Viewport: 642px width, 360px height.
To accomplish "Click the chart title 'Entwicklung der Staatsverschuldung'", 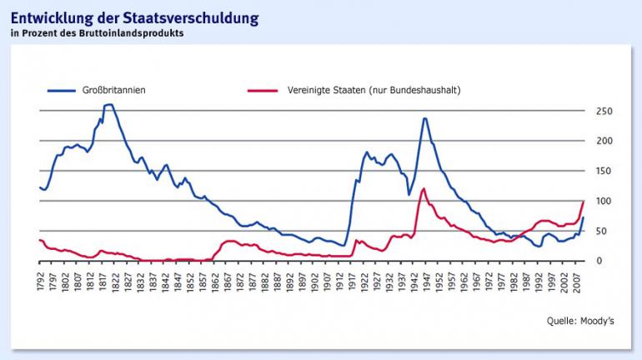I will (x=134, y=17).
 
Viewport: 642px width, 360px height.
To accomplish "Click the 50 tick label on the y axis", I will (x=606, y=231).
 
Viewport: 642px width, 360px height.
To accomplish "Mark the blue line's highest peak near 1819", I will (x=108, y=105).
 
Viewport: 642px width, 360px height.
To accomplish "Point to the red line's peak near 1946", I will (x=424, y=188).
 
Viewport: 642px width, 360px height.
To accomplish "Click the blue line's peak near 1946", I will (x=425, y=118).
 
